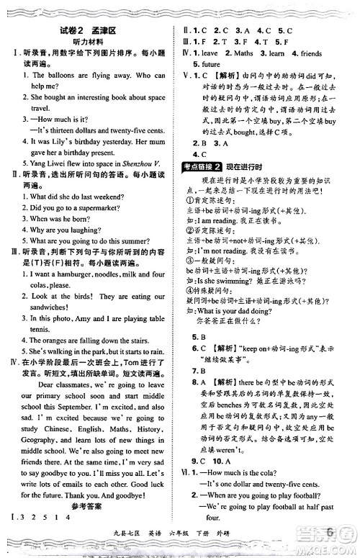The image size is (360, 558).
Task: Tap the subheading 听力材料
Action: [x=89, y=42]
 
